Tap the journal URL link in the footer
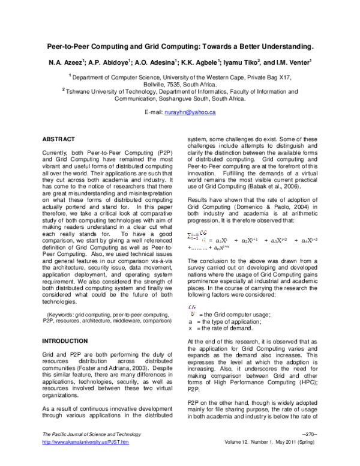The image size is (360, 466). coord(84,459)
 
